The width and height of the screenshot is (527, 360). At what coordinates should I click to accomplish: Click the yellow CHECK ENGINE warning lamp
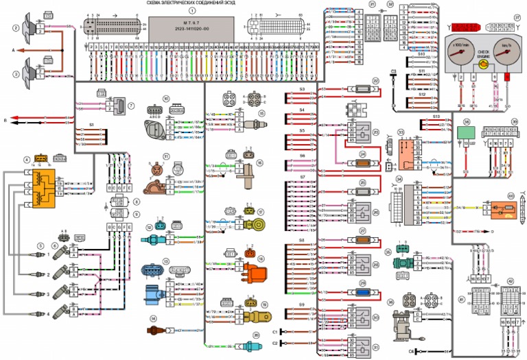[x=484, y=63]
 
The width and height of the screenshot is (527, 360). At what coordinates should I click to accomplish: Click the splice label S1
[x=91, y=125]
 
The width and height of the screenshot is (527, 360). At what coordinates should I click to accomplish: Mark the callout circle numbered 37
[x=508, y=17]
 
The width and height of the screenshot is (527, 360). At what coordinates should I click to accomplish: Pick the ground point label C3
[x=394, y=71]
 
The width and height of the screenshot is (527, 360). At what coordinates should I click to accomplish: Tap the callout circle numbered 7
[x=130, y=106]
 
